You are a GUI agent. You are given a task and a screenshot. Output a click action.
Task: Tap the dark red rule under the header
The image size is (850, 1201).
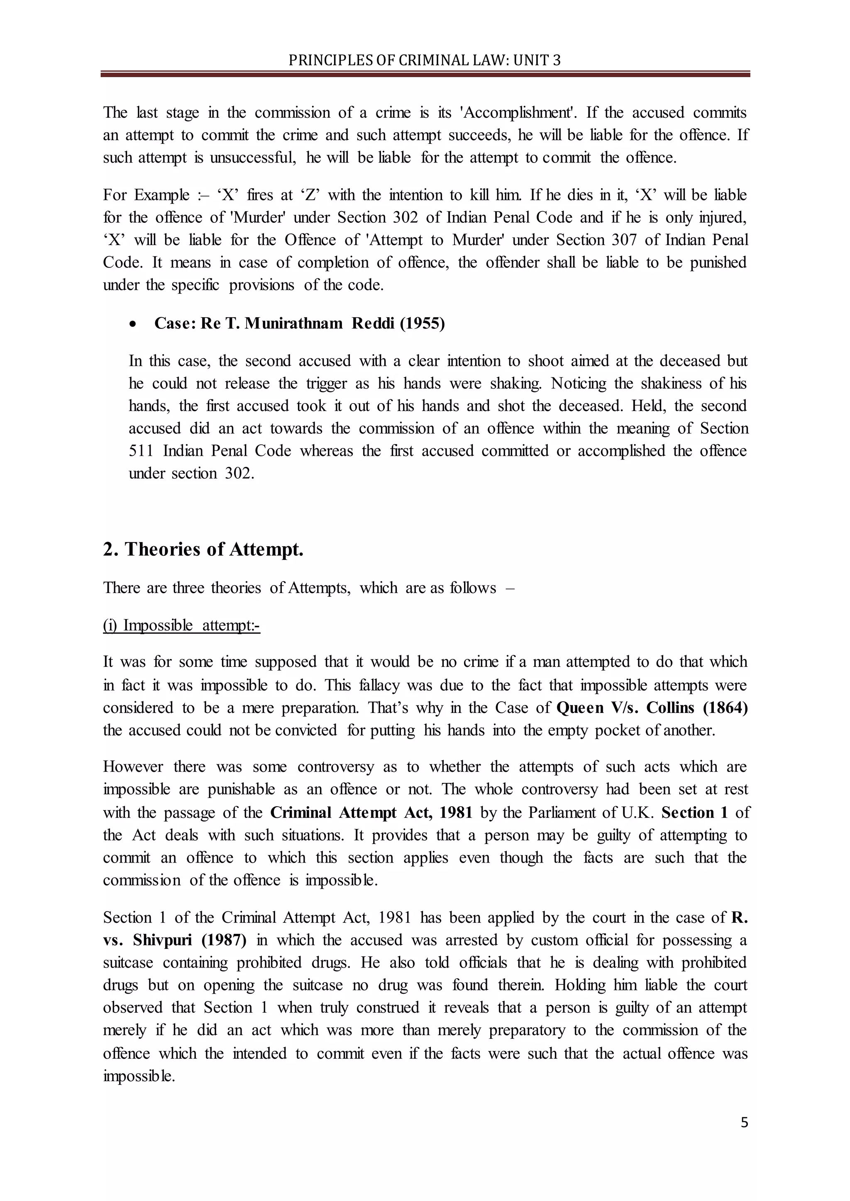click(425, 75)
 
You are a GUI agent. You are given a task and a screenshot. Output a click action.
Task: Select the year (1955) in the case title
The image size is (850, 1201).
click(422, 324)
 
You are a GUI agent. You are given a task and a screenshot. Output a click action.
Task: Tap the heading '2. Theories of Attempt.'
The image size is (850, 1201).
click(203, 549)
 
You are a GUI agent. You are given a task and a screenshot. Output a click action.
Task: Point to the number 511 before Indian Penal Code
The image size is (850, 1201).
click(141, 450)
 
